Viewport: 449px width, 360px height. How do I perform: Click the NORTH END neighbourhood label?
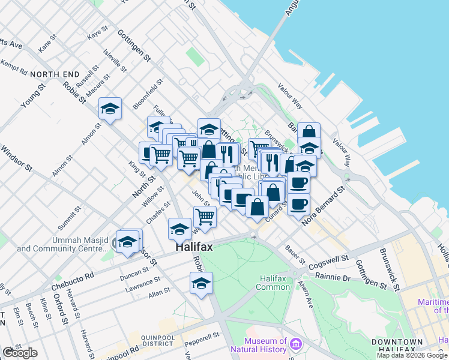[x=55, y=74]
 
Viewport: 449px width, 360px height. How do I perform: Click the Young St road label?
[x=33, y=95]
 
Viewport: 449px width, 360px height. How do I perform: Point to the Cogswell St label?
[x=327, y=262]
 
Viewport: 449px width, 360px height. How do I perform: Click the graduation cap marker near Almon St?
[x=110, y=109]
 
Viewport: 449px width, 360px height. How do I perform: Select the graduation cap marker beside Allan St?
[x=201, y=284]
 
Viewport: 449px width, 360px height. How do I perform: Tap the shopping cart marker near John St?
[x=205, y=217]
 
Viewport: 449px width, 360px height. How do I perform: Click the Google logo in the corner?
[x=20, y=353]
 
